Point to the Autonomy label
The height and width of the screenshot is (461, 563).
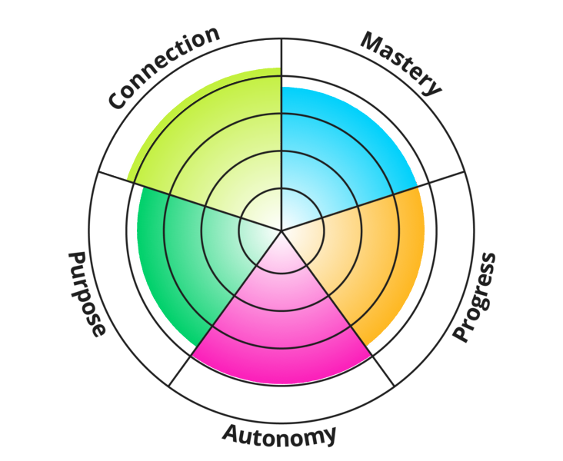pos(279,435)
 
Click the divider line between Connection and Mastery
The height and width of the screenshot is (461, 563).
pos(281,58)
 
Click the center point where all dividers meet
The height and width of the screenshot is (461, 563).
pos(281,230)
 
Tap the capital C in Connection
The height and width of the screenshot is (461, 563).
pos(118,100)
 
